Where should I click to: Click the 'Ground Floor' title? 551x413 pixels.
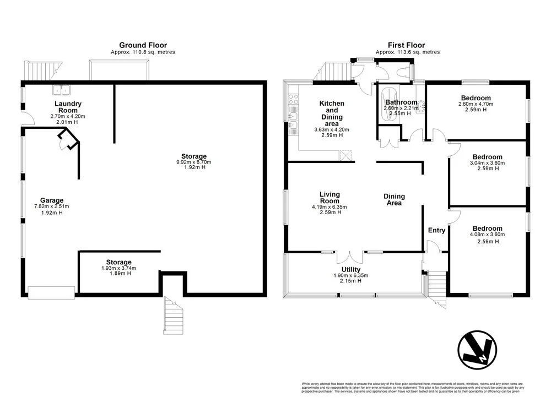(143, 45)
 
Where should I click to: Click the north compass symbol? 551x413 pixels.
(477, 350)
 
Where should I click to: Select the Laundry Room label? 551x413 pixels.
(68, 107)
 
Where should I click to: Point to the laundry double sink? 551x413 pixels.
(62, 90)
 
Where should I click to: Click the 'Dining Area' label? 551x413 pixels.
(394, 199)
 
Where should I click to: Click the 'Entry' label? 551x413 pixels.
(436, 230)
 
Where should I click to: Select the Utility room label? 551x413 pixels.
(350, 269)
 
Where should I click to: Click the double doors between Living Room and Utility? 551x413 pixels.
(350, 256)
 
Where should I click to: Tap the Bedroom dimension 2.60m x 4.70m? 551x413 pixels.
(476, 104)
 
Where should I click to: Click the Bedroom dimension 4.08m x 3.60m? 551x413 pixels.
(487, 235)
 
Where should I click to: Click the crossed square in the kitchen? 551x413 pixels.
(346, 155)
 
